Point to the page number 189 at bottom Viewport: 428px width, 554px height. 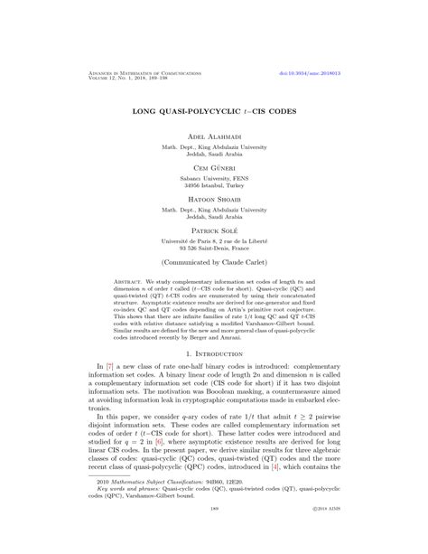(214, 536)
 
